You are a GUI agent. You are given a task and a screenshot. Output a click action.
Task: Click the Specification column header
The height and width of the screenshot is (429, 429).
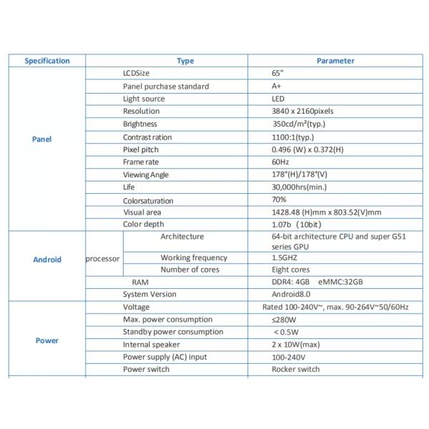47,61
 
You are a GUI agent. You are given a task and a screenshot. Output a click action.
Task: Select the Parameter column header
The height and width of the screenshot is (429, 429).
335,61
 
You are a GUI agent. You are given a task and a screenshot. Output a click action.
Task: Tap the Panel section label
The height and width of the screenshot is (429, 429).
42,139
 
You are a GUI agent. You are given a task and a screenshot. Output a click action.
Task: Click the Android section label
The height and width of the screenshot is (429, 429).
47,260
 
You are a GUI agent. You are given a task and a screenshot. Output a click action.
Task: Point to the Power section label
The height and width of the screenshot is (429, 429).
47,340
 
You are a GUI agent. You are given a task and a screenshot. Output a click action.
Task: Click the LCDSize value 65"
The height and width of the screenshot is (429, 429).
277,74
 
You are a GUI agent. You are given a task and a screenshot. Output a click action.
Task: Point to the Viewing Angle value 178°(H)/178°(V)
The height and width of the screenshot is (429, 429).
300,174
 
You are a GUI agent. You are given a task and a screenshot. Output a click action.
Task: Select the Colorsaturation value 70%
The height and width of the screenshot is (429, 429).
279,199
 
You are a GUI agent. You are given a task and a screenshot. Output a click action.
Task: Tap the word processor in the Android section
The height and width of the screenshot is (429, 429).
102,260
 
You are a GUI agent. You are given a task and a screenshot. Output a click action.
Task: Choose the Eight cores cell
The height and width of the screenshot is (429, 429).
291,270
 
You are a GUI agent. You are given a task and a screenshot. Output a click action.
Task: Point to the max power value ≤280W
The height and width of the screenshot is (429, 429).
283,319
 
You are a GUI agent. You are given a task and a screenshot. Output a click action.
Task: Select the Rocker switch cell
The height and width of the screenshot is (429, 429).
296,369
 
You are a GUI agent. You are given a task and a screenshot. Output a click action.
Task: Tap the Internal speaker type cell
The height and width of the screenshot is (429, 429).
152,344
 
